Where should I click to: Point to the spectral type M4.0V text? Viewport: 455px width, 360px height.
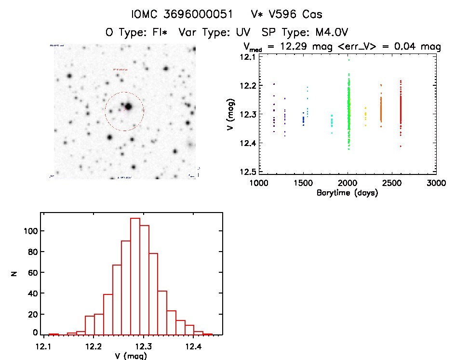click(x=328, y=33)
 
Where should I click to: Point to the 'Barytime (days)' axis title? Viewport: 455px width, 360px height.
click(x=347, y=193)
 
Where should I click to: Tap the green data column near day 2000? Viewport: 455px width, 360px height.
click(x=348, y=111)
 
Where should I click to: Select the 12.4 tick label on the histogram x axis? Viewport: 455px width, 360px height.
click(x=193, y=346)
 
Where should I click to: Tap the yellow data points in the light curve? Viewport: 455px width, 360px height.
click(x=365, y=116)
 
